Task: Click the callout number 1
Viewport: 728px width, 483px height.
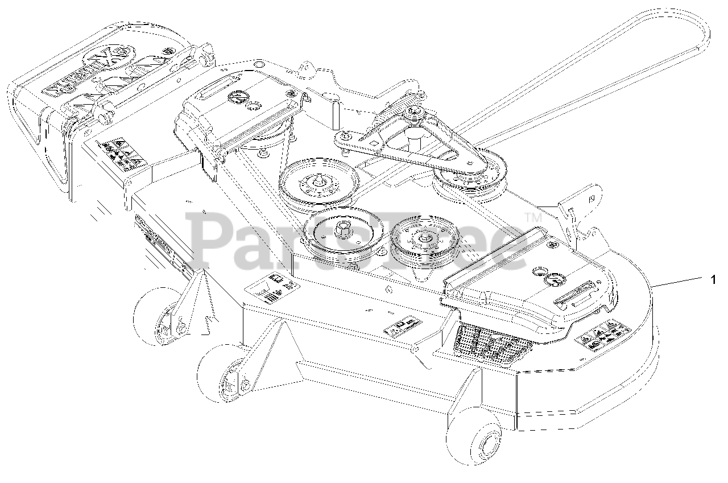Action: click(713, 279)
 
